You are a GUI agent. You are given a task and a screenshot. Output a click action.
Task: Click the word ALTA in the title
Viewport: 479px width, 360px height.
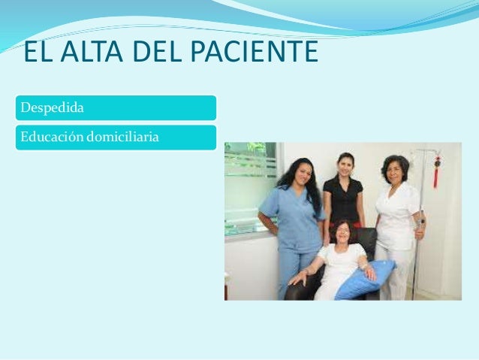[89, 53]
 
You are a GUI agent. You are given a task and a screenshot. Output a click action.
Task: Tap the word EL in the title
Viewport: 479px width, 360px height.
[38, 53]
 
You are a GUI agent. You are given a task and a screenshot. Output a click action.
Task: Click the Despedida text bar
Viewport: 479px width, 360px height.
[116, 107]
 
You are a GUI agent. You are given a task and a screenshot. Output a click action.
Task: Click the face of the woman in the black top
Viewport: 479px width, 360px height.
[345, 165]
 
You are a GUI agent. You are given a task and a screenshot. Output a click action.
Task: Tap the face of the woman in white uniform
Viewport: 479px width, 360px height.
[394, 170]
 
